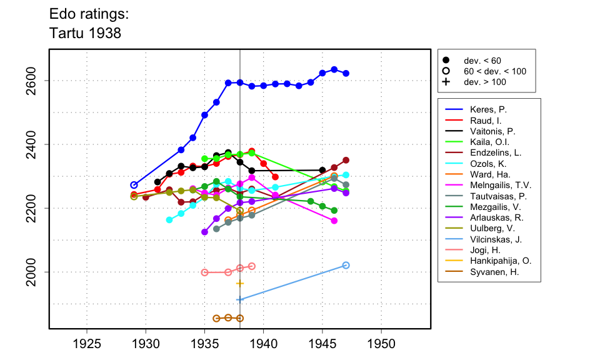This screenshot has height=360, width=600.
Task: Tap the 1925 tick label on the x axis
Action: tap(87, 344)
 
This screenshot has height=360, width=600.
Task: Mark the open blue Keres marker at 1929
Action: tap(134, 185)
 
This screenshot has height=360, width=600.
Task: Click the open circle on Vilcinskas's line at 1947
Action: tap(346, 265)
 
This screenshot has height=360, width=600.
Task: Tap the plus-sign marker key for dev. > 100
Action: tap(446, 82)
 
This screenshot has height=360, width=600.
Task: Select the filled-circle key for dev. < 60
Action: tap(446, 61)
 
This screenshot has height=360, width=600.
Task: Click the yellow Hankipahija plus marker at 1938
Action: tap(240, 284)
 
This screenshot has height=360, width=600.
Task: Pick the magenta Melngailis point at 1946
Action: tap(334, 221)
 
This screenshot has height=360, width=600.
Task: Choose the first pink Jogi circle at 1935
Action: tap(204, 272)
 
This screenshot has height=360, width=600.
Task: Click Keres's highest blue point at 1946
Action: tap(334, 69)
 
